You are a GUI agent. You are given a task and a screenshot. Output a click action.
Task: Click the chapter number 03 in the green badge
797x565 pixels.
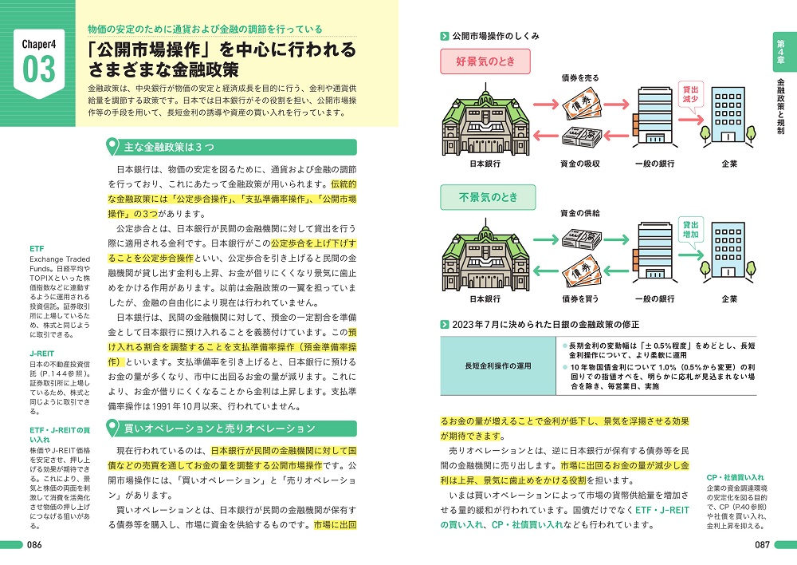coord(39,69)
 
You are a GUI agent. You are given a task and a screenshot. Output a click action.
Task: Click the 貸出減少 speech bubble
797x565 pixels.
coord(686,93)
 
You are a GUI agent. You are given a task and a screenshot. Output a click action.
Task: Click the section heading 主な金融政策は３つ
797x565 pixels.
coord(164,148)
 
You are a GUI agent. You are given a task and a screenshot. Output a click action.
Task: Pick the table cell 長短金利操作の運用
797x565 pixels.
coord(497,365)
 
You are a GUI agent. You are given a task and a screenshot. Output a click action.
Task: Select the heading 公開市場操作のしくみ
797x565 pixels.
coord(496,36)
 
